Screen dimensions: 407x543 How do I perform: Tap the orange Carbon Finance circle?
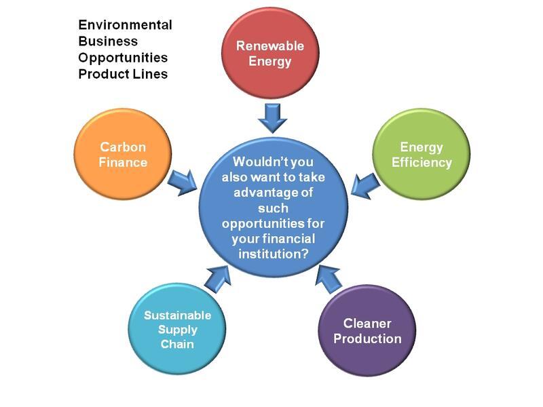tap(124, 155)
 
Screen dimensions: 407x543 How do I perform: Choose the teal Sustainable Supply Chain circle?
tap(178, 330)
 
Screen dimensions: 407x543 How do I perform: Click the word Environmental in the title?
tap(125, 25)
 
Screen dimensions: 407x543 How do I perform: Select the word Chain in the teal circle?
tap(178, 345)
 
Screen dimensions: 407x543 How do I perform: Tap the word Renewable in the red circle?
tap(269, 46)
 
